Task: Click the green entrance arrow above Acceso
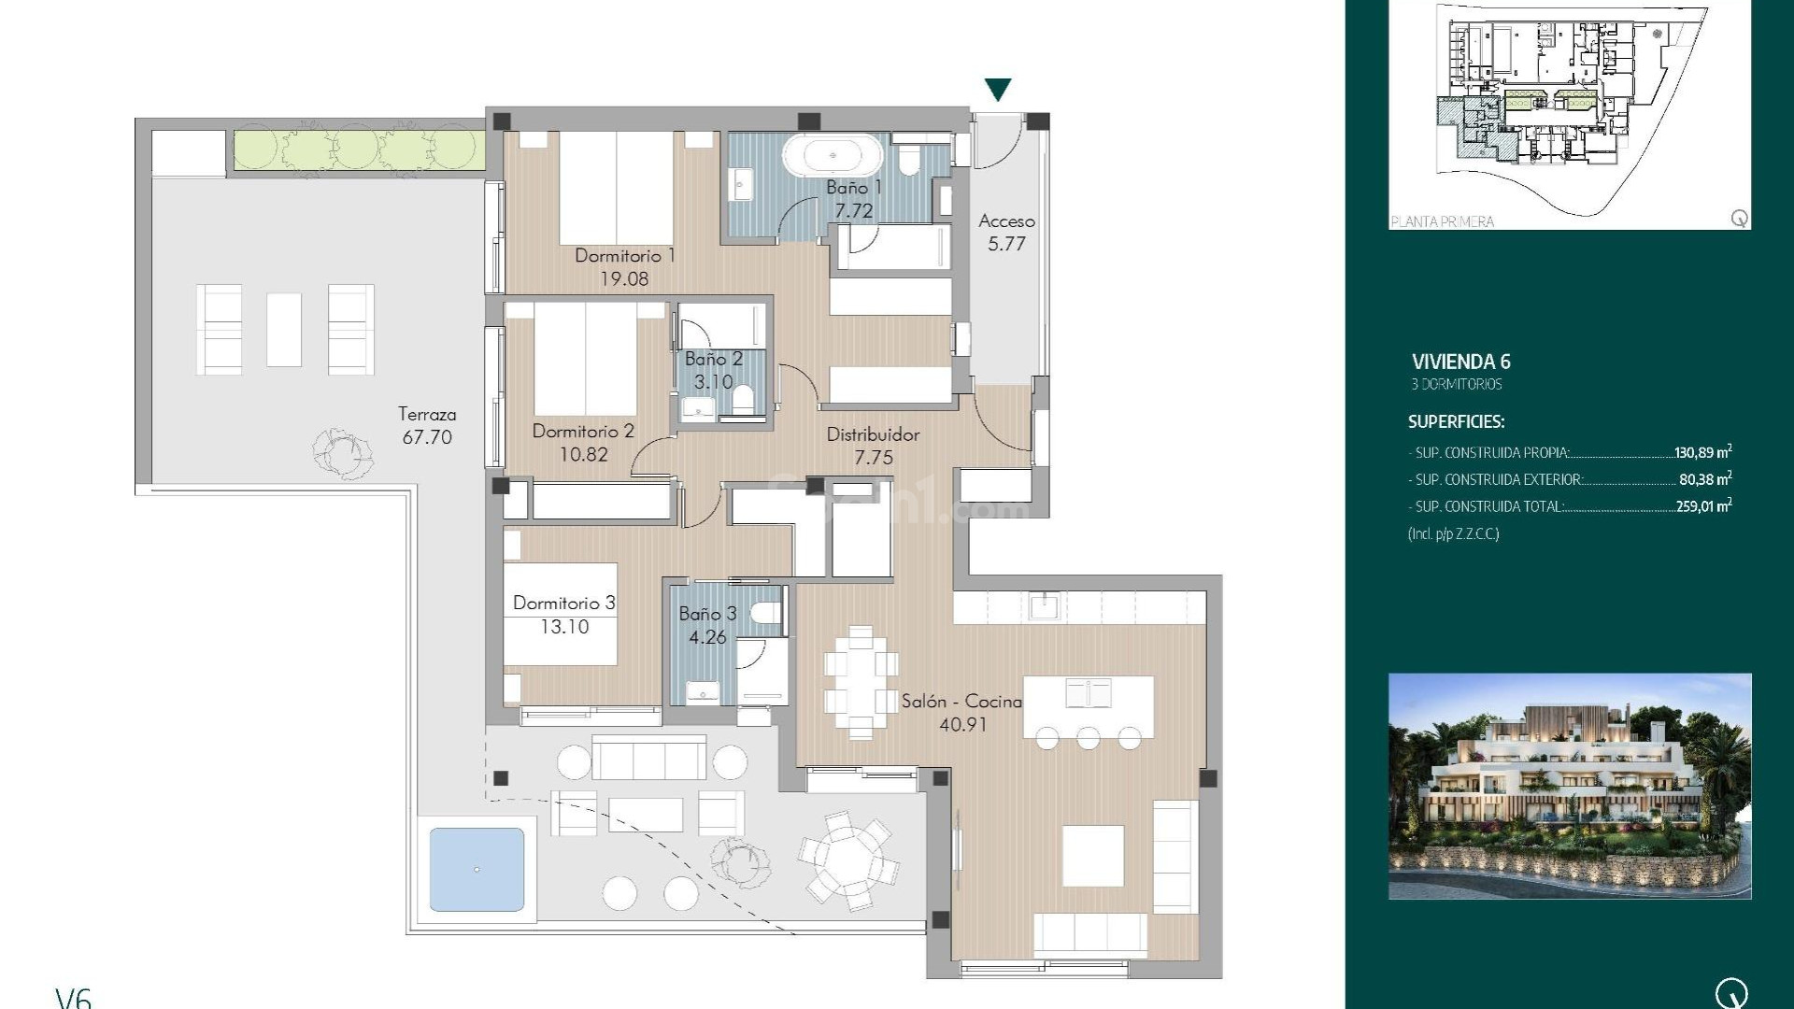click(998, 90)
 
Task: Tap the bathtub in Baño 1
click(832, 155)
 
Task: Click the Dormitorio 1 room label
click(624, 255)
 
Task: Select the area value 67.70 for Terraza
click(427, 437)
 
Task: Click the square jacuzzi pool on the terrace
click(477, 869)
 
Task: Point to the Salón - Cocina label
click(961, 701)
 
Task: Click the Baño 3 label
click(707, 614)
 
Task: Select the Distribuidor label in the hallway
click(873, 434)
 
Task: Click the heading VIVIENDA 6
click(1460, 362)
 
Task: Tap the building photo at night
click(1570, 786)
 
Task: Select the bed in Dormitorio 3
click(561, 614)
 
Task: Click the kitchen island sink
click(1089, 693)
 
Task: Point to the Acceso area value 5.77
click(1006, 244)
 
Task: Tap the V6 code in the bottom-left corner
click(73, 998)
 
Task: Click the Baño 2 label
click(713, 359)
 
